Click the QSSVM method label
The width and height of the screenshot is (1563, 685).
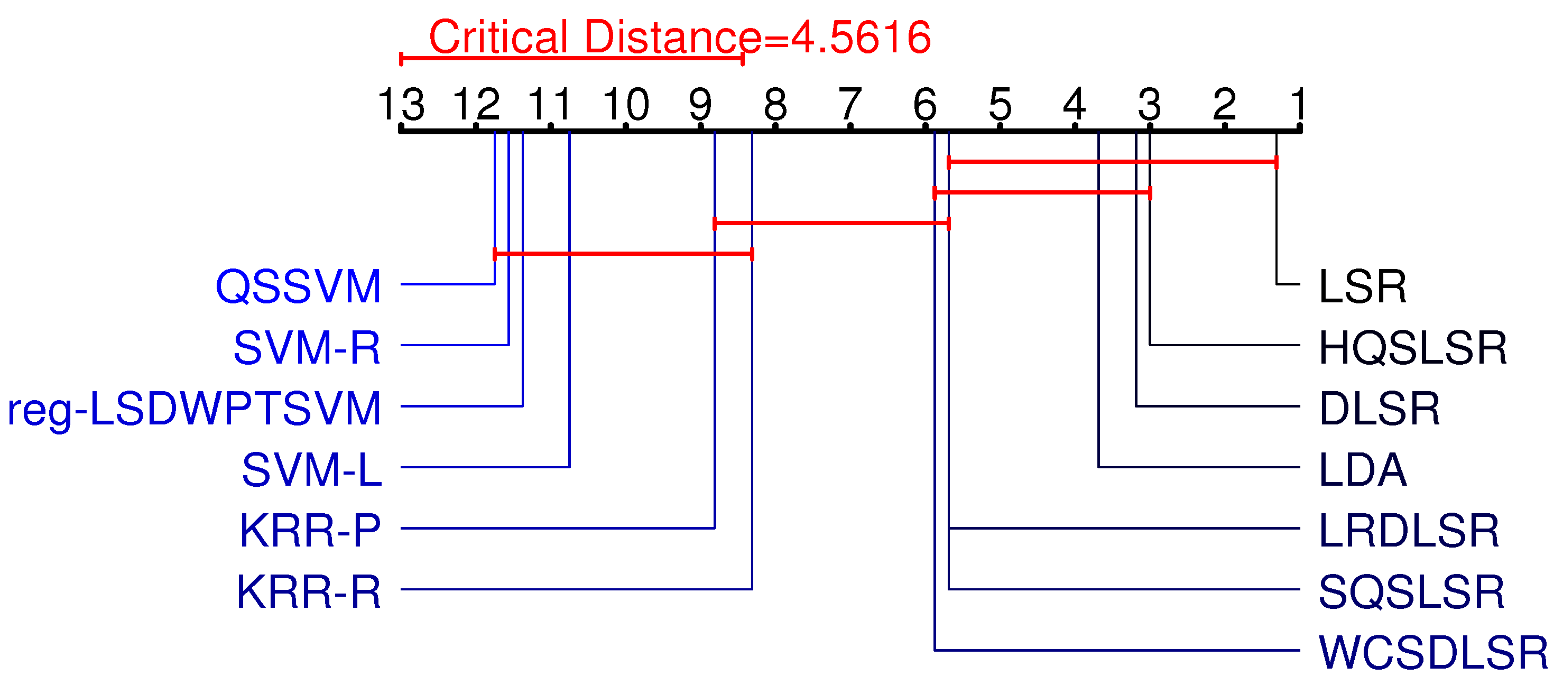point(298,286)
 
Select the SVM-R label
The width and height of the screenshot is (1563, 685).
point(307,348)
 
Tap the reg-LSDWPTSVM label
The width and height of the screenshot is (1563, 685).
point(194,409)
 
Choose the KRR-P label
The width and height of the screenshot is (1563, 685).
point(310,530)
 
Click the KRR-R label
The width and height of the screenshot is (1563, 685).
point(308,591)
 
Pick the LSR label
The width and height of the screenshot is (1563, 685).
point(1363,286)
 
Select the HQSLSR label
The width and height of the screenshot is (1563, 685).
point(1412,348)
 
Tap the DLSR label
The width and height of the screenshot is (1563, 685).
point(1379,409)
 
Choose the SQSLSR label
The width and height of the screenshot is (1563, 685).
point(1411,591)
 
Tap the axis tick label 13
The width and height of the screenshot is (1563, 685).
point(401,104)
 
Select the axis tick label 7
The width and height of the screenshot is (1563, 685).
point(849,104)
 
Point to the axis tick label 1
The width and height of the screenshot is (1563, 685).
point(1299,104)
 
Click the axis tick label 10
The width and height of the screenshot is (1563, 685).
point(625,104)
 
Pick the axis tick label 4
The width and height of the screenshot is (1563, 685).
point(1074,104)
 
